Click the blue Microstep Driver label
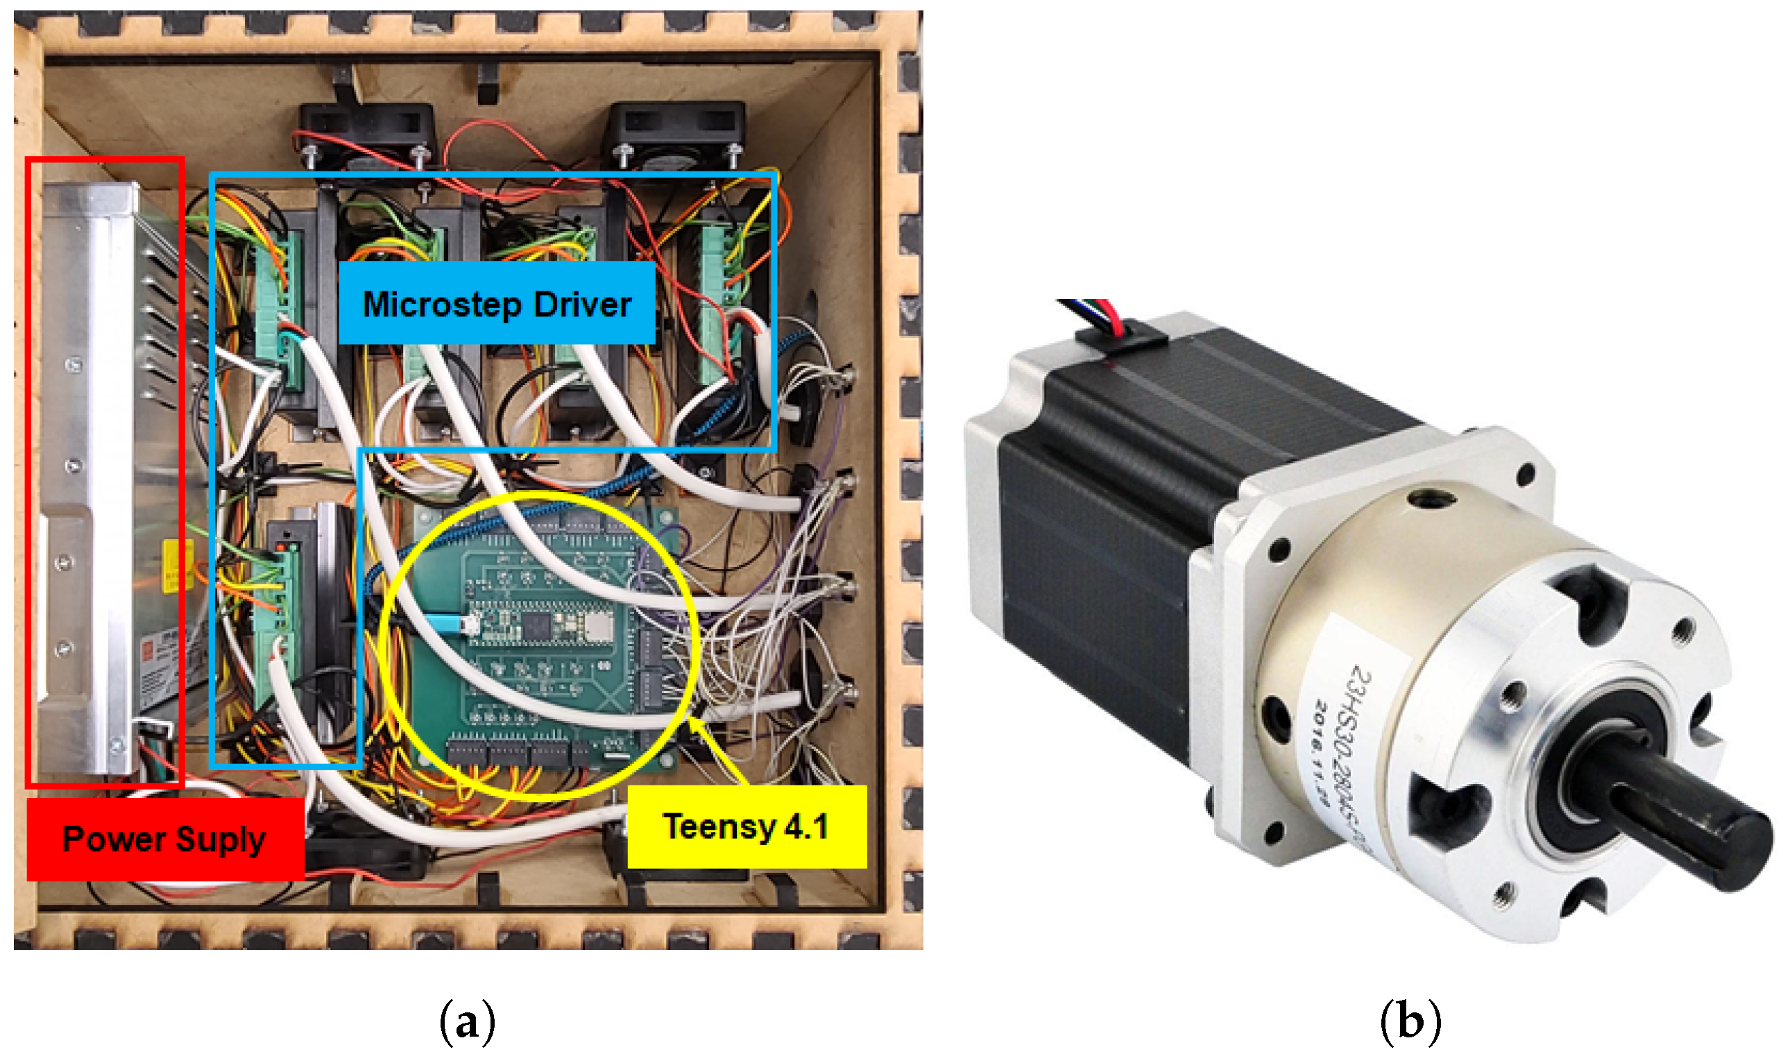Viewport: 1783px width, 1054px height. pyautogui.click(x=496, y=304)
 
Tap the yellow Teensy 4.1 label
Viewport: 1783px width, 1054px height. pyautogui.click(x=747, y=826)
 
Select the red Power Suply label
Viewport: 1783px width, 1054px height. pyautogui.click(x=164, y=840)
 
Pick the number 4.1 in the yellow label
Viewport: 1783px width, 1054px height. pyautogui.click(x=806, y=826)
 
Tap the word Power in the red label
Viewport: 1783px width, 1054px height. pyautogui.click(x=114, y=840)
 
